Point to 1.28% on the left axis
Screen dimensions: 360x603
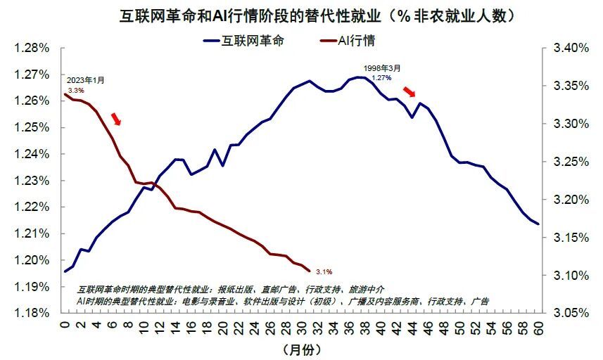31,49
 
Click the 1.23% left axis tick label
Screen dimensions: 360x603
31,181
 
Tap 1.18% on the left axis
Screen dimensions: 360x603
31,313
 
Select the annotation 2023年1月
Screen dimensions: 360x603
85,80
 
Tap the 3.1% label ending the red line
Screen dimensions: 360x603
324,271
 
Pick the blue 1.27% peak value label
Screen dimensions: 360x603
381,77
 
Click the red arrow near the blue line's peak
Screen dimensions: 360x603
410,92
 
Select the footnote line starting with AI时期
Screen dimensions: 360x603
281,300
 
